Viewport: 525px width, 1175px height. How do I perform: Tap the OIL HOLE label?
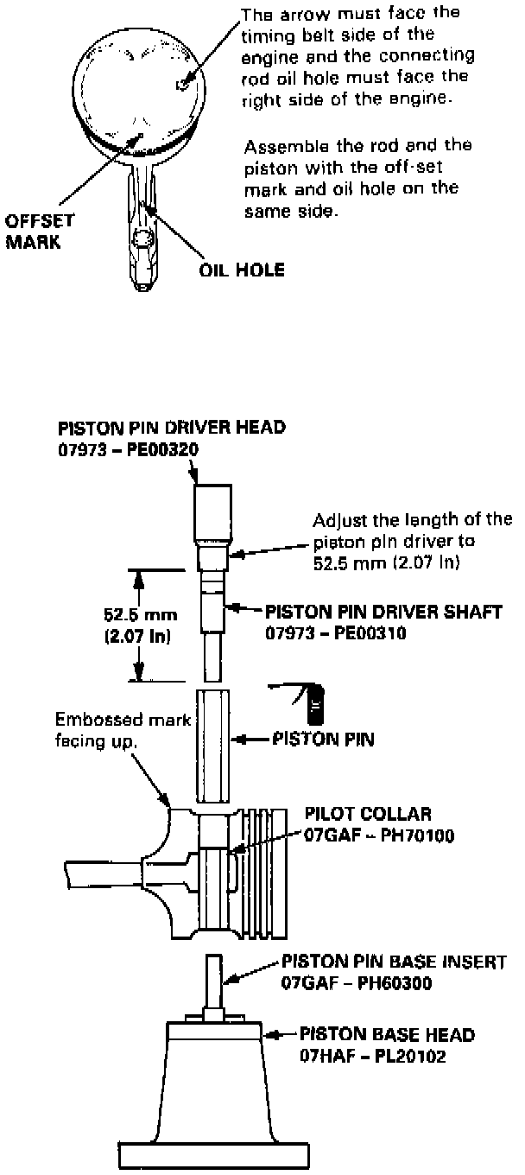tap(237, 269)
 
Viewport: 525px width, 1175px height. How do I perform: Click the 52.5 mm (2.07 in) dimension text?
tap(139, 627)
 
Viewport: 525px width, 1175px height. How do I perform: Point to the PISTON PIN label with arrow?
tap(328, 740)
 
